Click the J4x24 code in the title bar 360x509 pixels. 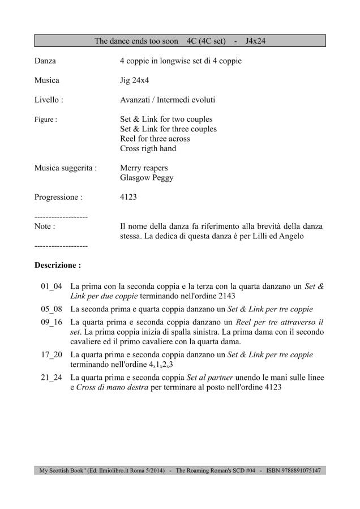pyautogui.click(x=258, y=41)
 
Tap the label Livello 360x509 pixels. pyautogui.click(x=49, y=100)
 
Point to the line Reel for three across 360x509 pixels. pyautogui.click(x=155, y=139)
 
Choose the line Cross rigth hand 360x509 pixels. pyautogui.click(x=148, y=148)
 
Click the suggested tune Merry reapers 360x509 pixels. pyautogui.click(x=144, y=168)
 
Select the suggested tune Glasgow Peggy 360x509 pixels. pyautogui.click(x=147, y=178)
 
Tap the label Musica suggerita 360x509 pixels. pyautogui.click(x=65, y=168)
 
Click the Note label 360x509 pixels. pyautogui.click(x=45, y=226)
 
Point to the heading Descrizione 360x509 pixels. pyautogui.click(x=58, y=264)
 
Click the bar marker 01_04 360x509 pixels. pyautogui.click(x=52, y=286)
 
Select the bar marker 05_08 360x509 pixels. pyautogui.click(x=52, y=309)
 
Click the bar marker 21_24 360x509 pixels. pyautogui.click(x=52, y=378)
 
